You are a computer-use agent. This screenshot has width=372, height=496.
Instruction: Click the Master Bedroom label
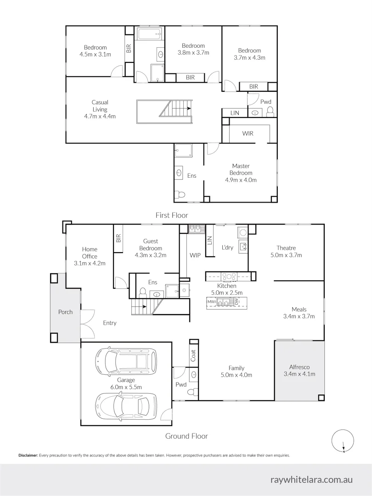(242, 169)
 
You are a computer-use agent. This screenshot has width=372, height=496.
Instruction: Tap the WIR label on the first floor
(248, 134)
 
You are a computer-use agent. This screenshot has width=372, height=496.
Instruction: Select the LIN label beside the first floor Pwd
(234, 113)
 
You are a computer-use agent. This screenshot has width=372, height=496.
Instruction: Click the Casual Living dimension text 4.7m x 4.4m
(100, 116)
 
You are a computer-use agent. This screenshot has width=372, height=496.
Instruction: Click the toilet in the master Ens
(181, 195)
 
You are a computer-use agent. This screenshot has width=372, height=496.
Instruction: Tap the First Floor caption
(172, 215)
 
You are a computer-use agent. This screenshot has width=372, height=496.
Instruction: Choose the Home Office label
(90, 253)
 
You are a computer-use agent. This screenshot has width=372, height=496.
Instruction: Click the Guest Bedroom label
(151, 244)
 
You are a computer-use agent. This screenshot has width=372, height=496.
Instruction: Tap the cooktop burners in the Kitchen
(228, 276)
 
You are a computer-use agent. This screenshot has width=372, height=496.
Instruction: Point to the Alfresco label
(300, 367)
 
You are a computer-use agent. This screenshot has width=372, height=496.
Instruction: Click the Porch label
(65, 312)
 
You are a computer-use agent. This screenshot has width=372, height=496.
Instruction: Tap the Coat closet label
(193, 355)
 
